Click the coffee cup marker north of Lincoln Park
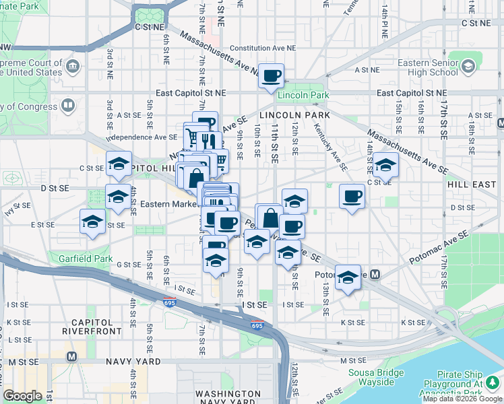271,76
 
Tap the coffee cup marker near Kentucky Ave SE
352,197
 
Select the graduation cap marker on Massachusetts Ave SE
385,164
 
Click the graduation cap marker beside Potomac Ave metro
348,278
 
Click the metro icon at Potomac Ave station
375,274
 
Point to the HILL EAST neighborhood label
472,184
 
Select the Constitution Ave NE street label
263,48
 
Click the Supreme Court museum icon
73,66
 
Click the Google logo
23,396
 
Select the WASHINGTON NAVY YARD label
228,397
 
